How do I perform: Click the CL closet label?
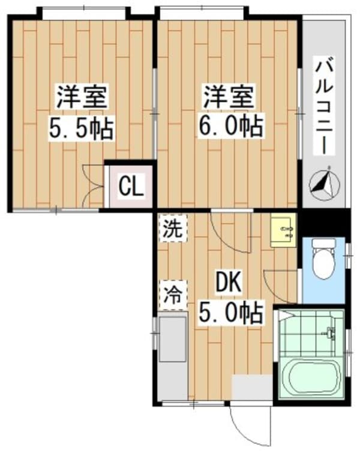130,187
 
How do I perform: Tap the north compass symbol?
324,182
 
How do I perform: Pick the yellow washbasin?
283,232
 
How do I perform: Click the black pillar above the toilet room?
324,223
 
